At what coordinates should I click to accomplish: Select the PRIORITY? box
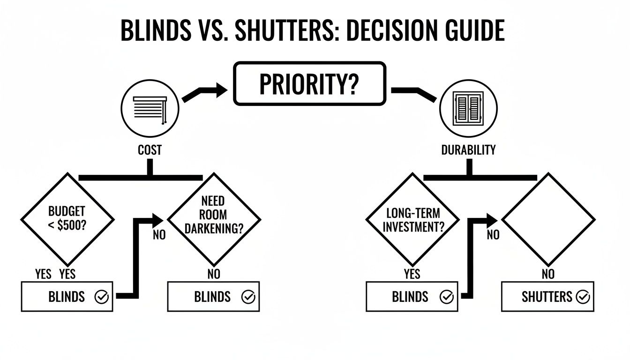click(310, 83)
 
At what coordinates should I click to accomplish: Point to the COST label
click(150, 150)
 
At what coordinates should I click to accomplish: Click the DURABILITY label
click(468, 150)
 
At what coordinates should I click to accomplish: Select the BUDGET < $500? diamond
click(67, 219)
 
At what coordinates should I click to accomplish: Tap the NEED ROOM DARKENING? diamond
click(214, 219)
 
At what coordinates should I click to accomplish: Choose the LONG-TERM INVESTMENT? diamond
click(412, 219)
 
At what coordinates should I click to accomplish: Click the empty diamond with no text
click(548, 219)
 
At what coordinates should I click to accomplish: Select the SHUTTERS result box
click(547, 297)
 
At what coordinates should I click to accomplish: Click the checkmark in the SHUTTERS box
click(583, 297)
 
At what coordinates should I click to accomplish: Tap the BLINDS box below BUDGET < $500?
click(67, 297)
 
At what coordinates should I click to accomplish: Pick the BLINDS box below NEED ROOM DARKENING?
click(213, 297)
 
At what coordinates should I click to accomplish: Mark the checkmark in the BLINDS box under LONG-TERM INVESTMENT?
click(447, 297)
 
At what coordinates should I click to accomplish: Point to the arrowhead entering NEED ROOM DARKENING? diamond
click(158, 220)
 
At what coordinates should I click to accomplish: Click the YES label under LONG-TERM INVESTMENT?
click(412, 274)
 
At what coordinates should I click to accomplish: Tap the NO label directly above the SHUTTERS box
click(548, 274)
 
